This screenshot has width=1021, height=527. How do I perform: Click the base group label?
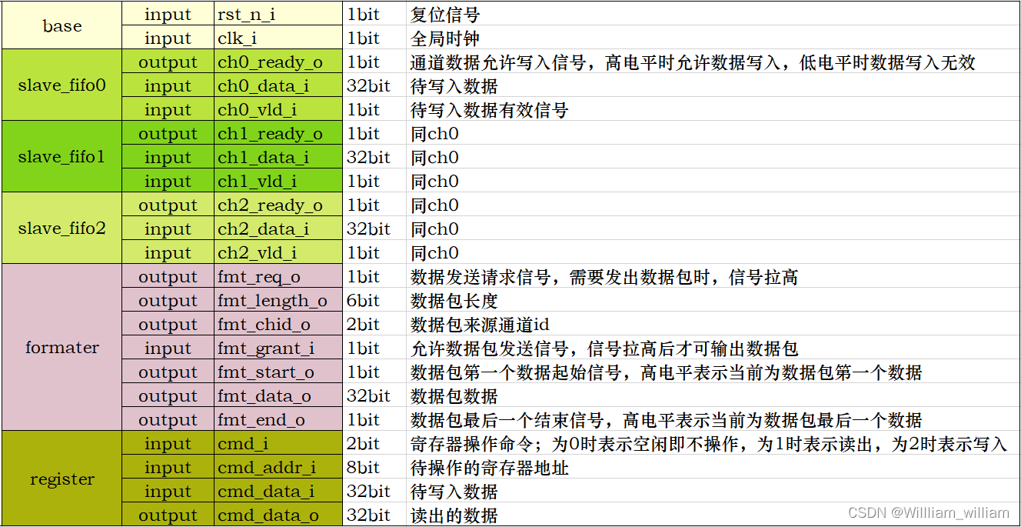pyautogui.click(x=62, y=26)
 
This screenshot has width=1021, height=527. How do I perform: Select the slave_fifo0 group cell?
pyautogui.click(x=62, y=85)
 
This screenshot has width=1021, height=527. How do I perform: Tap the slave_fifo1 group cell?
pyautogui.click(x=62, y=157)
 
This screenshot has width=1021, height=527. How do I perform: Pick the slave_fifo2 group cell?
pyautogui.click(x=62, y=228)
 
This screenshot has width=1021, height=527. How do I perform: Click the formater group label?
pyautogui.click(x=62, y=348)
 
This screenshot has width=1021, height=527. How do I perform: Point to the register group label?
pyautogui.click(x=62, y=479)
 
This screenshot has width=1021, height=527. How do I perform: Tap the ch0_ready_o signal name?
pyautogui.click(x=270, y=62)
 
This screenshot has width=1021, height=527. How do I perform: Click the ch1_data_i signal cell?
pyautogui.click(x=263, y=158)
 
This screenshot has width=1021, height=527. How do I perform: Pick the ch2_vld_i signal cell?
pyautogui.click(x=257, y=253)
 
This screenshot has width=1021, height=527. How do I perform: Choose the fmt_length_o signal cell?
pyautogui.click(x=272, y=301)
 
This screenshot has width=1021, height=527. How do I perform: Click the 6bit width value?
pyautogui.click(x=363, y=301)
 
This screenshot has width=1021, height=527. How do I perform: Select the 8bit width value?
pyautogui.click(x=363, y=468)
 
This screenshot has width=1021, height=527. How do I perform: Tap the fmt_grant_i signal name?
pyautogui.click(x=266, y=349)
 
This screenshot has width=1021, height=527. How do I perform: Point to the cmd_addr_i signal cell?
pyautogui.click(x=267, y=468)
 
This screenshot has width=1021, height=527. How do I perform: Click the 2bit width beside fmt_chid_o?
pyautogui.click(x=363, y=325)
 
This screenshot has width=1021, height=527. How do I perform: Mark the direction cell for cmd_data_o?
pyautogui.click(x=168, y=515)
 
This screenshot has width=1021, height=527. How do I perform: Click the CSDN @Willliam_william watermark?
pyautogui.click(x=929, y=512)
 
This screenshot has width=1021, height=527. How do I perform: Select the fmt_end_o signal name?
pyautogui.click(x=261, y=420)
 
